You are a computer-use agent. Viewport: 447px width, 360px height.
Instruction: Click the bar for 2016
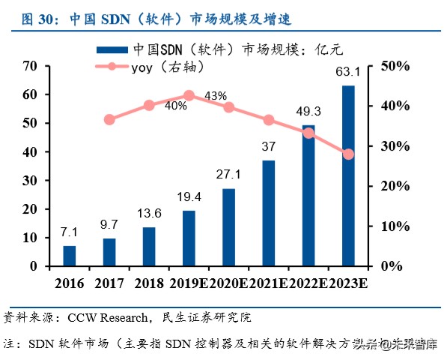69,256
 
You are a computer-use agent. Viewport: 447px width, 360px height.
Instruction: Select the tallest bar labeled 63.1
348,175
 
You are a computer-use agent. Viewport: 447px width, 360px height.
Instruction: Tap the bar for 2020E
228,227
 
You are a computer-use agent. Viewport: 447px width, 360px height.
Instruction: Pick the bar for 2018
149,246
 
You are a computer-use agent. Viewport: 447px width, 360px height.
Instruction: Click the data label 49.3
308,112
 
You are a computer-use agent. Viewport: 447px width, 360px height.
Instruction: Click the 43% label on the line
216,96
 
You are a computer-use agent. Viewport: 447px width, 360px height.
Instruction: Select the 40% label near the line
176,106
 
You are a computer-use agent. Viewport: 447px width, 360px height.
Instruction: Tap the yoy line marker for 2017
109,119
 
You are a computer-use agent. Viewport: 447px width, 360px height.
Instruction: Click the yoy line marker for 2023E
348,154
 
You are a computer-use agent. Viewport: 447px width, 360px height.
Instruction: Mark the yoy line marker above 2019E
189,95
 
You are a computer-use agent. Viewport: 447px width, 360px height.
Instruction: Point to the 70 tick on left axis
30,66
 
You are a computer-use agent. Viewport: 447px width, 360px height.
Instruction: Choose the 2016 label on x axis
69,283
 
